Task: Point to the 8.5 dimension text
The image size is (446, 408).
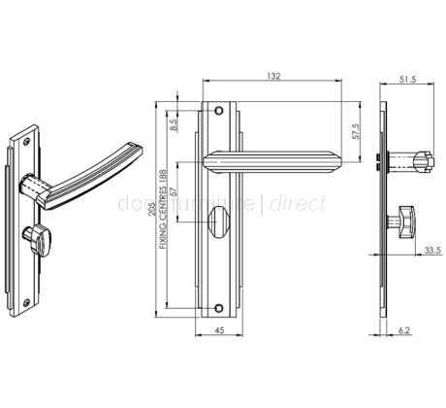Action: click(x=174, y=123)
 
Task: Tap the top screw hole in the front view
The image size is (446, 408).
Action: click(x=221, y=110)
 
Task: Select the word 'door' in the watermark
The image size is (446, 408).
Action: click(x=137, y=204)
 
